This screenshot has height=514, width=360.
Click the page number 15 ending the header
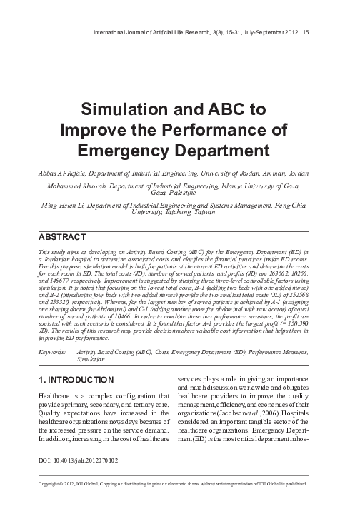(306, 31)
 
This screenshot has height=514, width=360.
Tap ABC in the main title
(226, 110)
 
